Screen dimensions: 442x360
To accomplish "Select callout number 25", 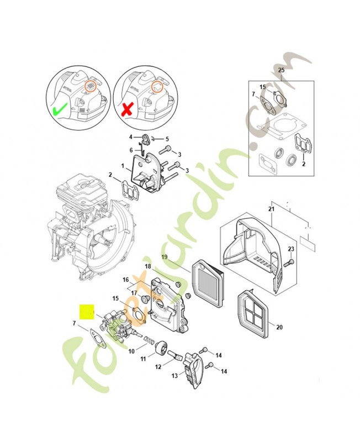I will tap(281, 70).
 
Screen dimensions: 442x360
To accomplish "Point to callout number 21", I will tap(271, 209).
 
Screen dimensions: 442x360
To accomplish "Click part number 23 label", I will tap(291, 250).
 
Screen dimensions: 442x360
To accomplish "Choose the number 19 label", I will tap(164, 257).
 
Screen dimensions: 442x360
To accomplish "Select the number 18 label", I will tap(148, 267).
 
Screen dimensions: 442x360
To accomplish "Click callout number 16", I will tap(126, 280).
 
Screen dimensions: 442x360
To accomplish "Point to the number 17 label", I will tap(134, 293).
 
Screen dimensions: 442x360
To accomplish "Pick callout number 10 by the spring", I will tap(131, 351).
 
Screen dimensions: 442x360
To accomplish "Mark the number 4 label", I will tap(131, 136).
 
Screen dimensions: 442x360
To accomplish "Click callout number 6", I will tap(131, 150).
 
